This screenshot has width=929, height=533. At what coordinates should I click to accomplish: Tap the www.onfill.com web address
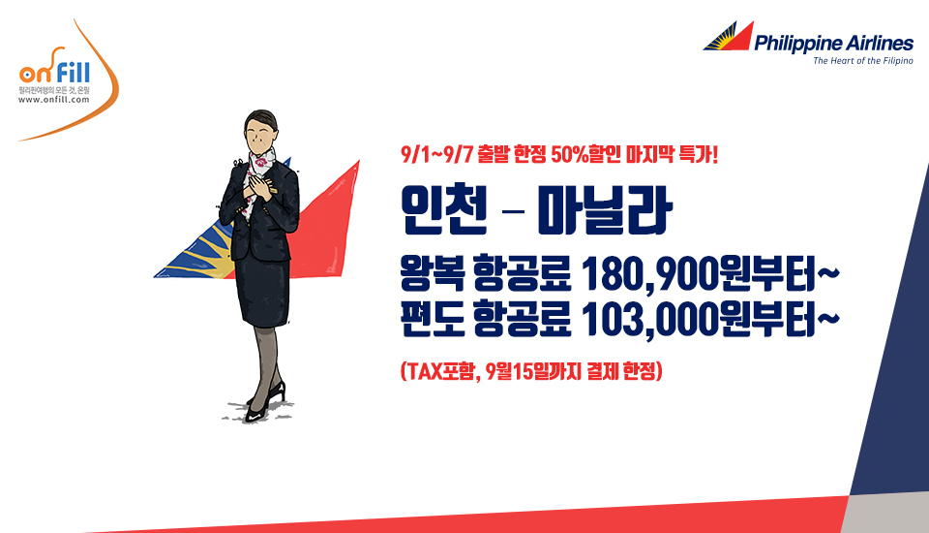(x=53, y=100)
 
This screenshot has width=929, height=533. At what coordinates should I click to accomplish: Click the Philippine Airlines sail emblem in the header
(x=728, y=36)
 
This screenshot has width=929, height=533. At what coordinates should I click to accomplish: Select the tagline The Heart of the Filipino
(x=862, y=60)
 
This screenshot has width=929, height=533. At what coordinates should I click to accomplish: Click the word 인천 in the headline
(x=444, y=209)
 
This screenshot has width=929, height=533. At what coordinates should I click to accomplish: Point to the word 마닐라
(x=604, y=209)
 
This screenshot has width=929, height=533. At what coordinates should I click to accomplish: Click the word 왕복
(x=432, y=273)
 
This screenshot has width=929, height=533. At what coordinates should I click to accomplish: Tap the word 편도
(x=432, y=320)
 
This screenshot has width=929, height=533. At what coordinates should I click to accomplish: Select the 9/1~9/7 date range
(x=436, y=155)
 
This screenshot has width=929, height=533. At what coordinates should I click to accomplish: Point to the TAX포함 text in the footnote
(x=440, y=371)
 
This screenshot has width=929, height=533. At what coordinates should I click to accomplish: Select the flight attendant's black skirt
(x=263, y=292)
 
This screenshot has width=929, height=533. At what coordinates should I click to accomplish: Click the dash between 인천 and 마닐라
(x=513, y=210)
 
